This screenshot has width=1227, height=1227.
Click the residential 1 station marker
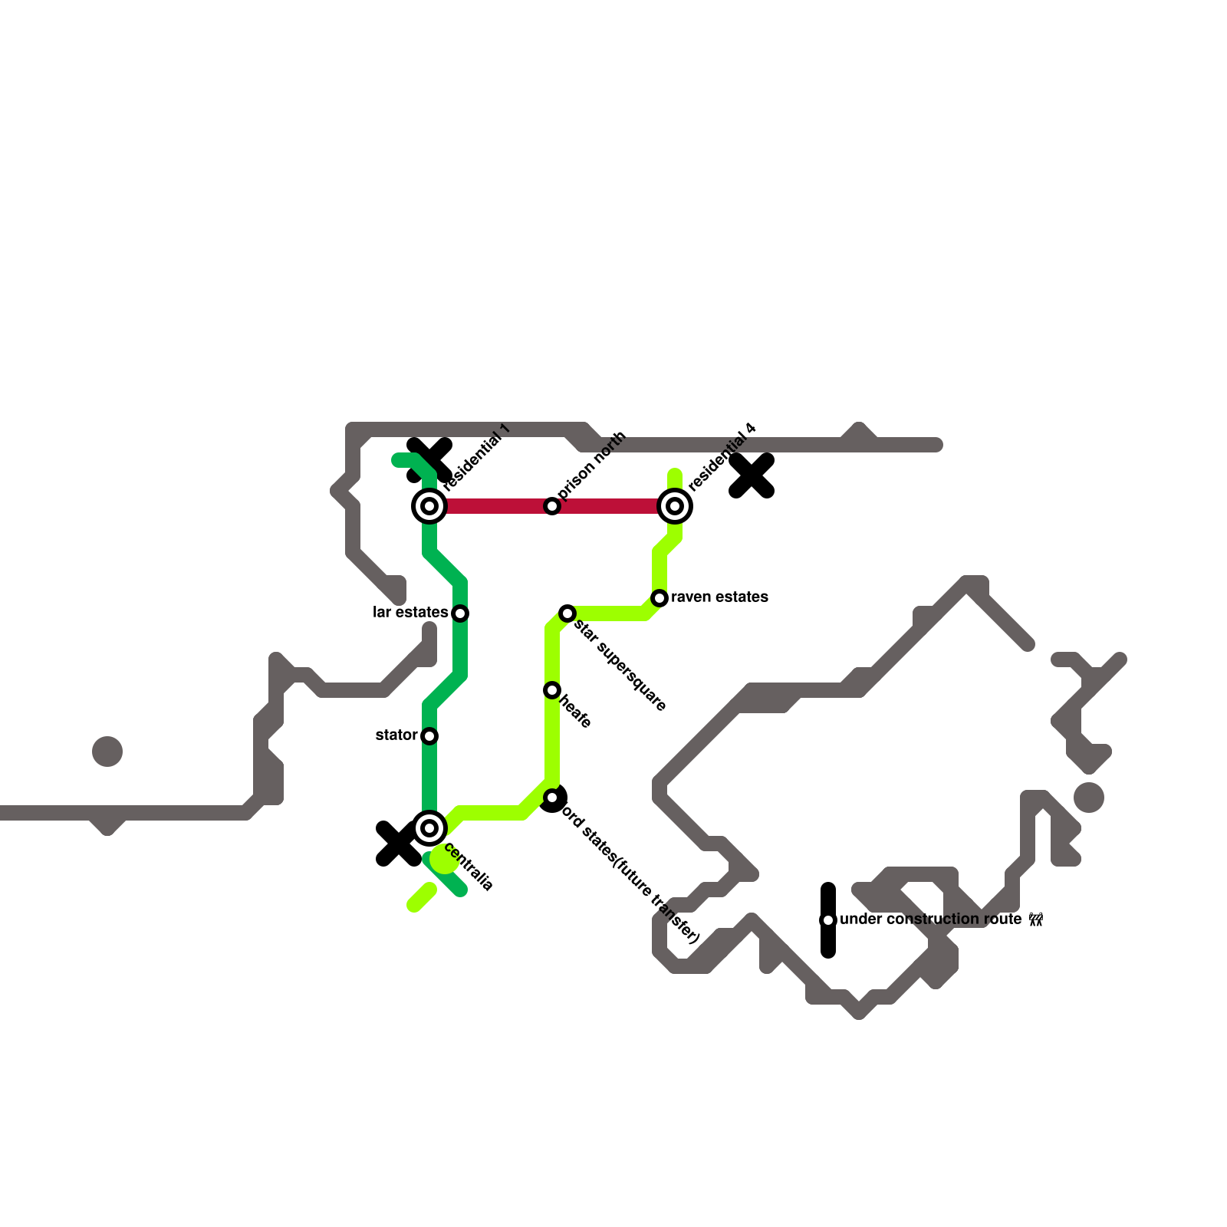click(429, 506)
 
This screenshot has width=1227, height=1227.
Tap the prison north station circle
click(552, 506)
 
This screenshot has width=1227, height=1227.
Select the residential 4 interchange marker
click(675, 506)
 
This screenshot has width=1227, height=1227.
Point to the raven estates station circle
click(660, 598)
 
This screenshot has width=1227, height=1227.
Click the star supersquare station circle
click(567, 613)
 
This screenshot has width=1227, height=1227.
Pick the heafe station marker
click(552, 690)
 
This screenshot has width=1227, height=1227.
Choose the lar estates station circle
click(460, 613)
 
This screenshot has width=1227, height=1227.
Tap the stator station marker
click(429, 736)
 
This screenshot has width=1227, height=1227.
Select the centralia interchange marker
click(429, 828)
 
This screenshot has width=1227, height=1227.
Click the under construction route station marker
click(828, 920)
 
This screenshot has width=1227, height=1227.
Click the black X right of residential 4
click(752, 475)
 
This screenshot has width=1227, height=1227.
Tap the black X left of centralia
click(398, 844)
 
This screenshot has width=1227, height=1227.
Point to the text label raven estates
click(719, 597)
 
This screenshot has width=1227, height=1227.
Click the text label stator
click(396, 735)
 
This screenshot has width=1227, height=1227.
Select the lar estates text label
click(410, 613)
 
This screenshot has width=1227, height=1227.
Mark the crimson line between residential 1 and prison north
click(491, 506)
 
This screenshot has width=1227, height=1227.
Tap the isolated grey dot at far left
click(107, 752)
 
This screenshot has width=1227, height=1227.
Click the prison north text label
click(593, 465)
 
